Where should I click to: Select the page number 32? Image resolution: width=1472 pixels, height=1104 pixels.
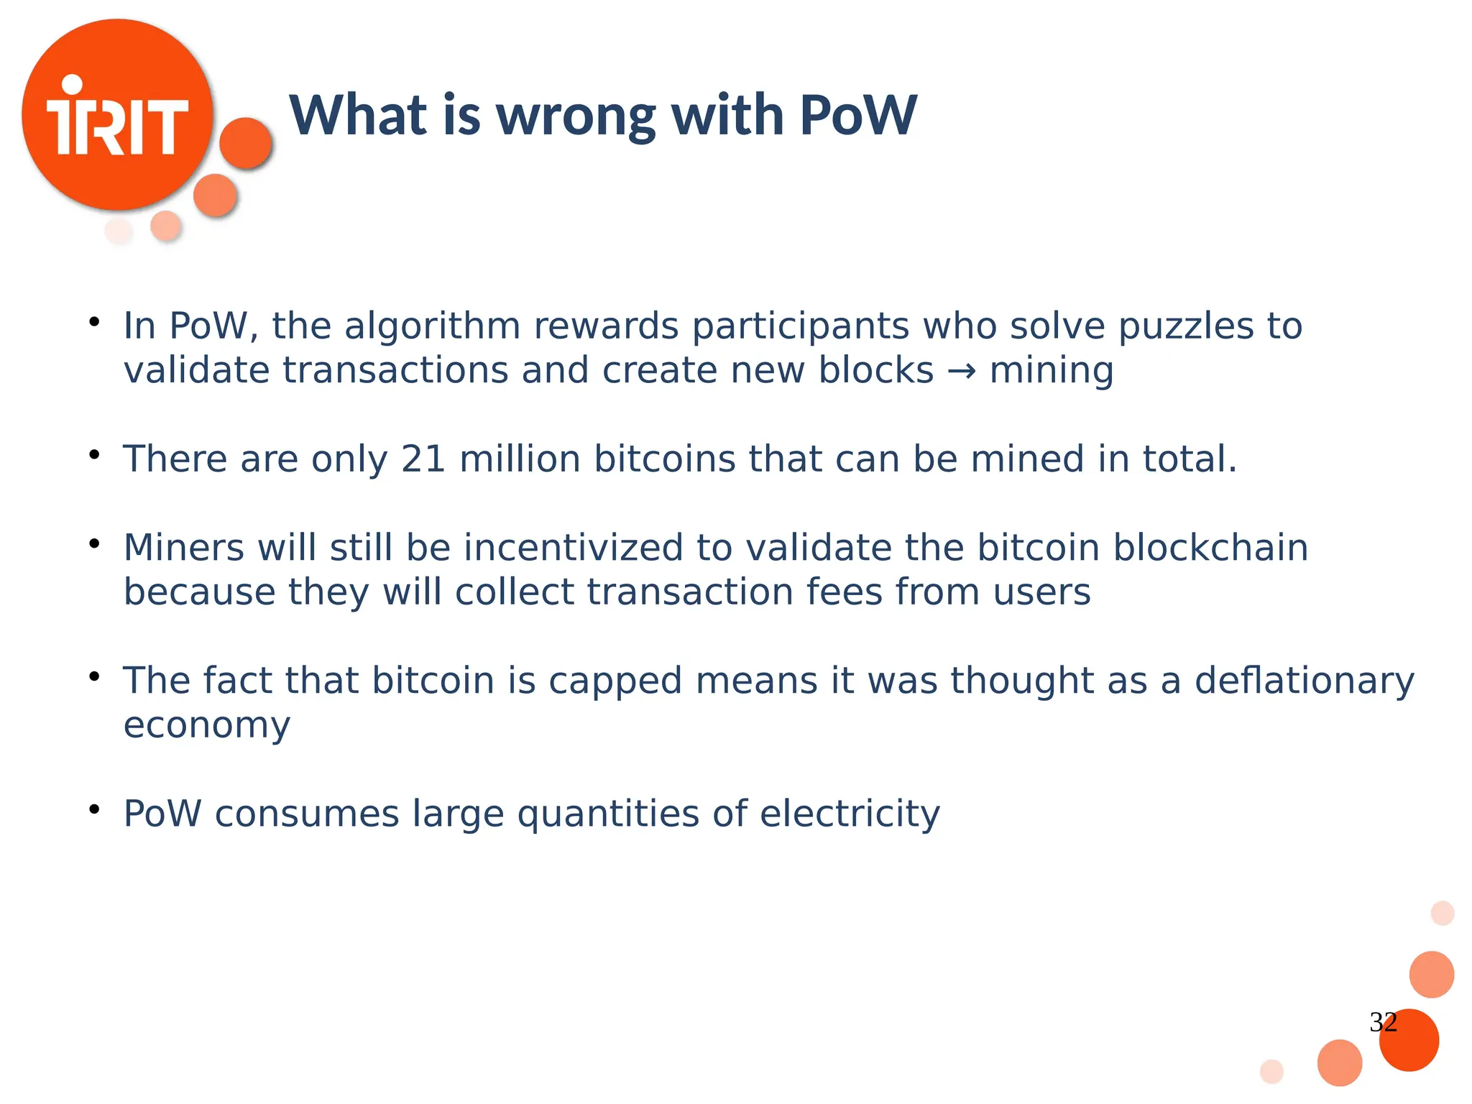[x=1383, y=1021]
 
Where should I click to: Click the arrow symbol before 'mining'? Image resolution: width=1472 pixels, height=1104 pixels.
[x=961, y=372]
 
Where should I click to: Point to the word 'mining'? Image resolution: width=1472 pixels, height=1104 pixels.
[x=1051, y=372]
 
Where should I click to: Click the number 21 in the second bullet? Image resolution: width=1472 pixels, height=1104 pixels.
[x=423, y=459]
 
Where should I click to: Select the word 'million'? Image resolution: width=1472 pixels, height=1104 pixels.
[x=520, y=459]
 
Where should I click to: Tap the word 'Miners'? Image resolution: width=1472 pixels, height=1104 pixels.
[x=184, y=548]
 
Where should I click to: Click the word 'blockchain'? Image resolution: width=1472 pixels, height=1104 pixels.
[x=1210, y=548]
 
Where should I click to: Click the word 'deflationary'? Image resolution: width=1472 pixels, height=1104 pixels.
[x=1304, y=681]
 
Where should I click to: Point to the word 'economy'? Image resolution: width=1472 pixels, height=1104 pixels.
[x=207, y=726]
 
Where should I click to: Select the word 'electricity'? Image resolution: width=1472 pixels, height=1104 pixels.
[x=850, y=814]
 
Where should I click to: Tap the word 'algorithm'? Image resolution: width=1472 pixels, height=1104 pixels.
[x=433, y=326]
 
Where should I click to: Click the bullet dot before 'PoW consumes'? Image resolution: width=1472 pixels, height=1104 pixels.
[x=94, y=810]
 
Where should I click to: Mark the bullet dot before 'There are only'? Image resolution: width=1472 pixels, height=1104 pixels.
[x=94, y=455]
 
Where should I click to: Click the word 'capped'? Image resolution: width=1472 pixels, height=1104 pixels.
[x=615, y=682]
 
